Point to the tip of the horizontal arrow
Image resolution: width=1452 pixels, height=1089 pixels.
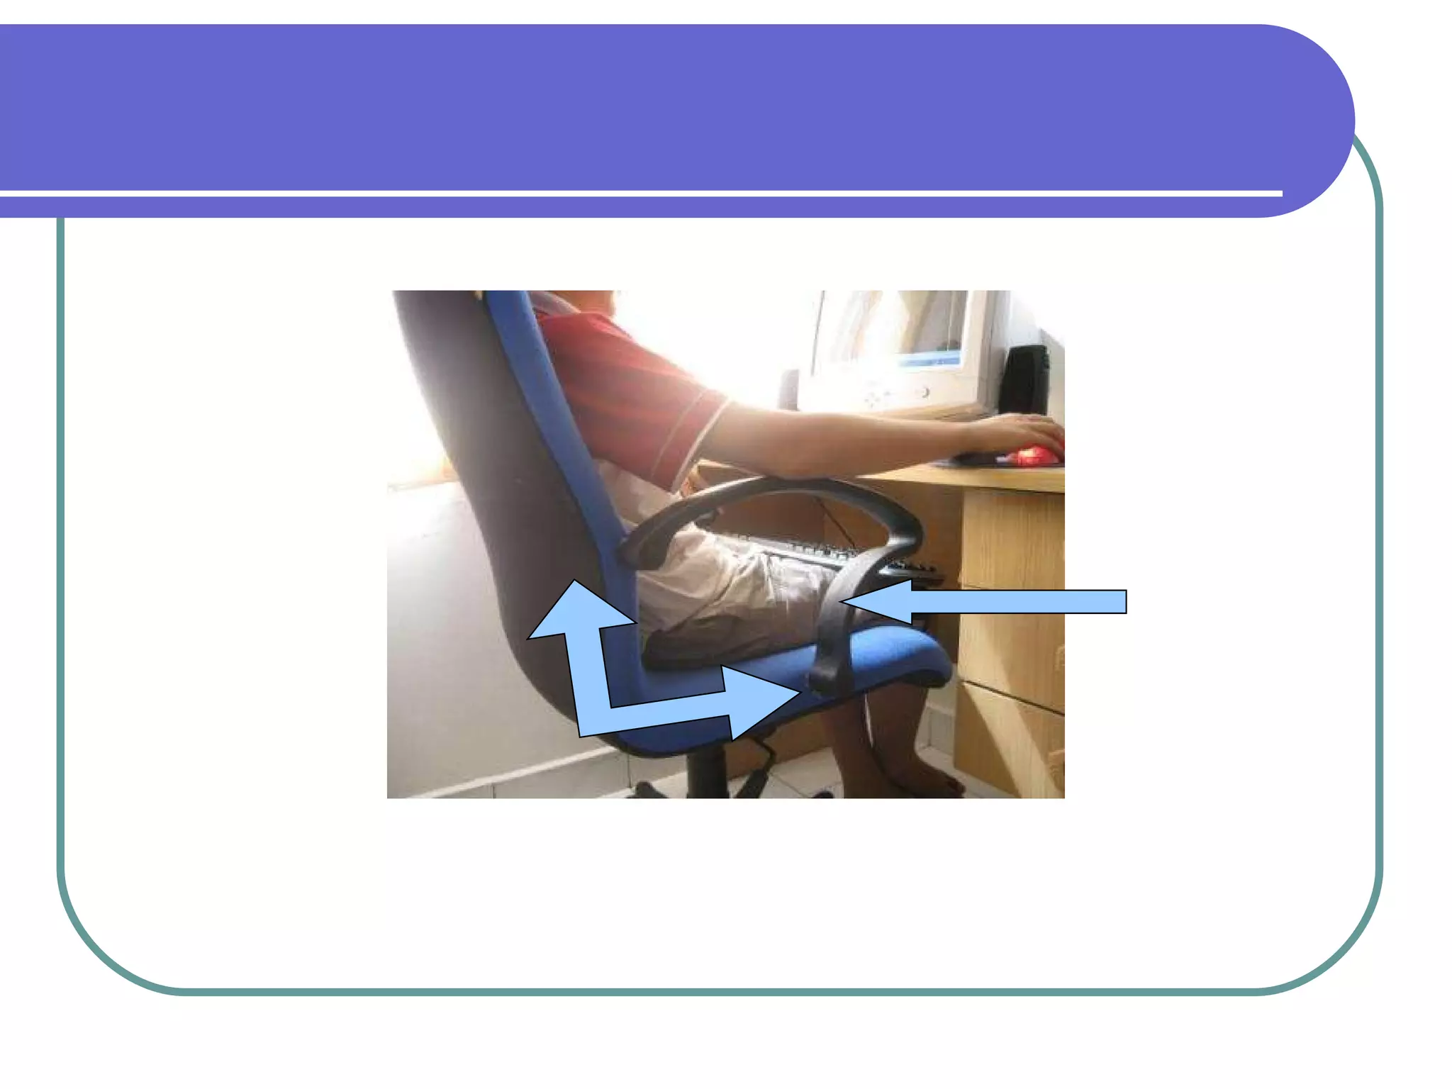844,602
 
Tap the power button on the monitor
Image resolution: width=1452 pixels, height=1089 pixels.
925,392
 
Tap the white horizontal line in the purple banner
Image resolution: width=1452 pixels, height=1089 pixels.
638,193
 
